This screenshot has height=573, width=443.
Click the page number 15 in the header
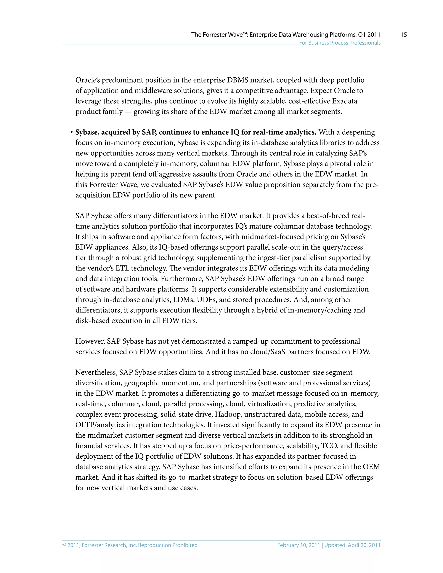404,35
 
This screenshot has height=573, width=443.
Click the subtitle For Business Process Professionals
340,43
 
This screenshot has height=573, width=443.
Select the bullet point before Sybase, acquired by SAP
71,133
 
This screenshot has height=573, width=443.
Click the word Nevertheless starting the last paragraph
96,372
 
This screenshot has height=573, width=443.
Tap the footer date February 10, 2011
298,545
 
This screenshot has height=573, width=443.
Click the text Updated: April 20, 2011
352,545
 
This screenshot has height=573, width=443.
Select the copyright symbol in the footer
64,545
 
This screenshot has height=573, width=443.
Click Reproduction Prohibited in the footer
168,545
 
